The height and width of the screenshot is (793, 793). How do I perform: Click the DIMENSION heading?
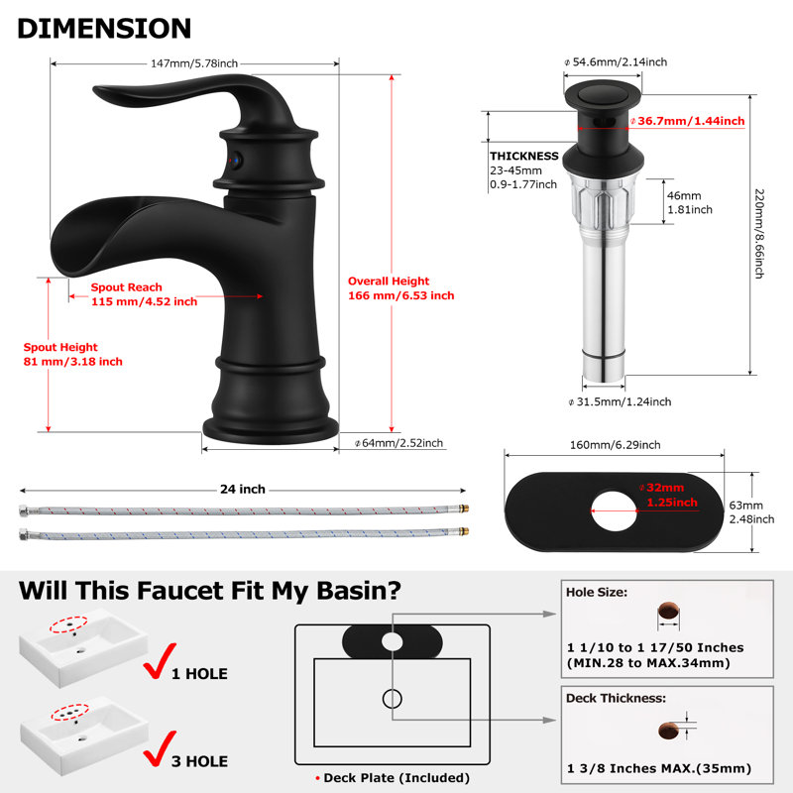(x=104, y=29)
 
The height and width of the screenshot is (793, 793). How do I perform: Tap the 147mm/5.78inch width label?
(x=194, y=63)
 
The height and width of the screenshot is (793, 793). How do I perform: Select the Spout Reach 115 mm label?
(x=144, y=294)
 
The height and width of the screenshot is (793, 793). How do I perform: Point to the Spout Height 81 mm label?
(x=72, y=354)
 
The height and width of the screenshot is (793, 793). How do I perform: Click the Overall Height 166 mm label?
(x=401, y=288)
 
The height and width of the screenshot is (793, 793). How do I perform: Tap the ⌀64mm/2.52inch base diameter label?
(x=399, y=443)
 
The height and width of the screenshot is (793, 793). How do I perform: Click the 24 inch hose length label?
(x=243, y=489)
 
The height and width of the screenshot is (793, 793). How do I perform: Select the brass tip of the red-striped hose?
(x=463, y=509)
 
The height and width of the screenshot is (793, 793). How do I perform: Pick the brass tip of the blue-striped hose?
(x=463, y=531)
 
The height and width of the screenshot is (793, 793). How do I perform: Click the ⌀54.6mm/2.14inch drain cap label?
(x=616, y=61)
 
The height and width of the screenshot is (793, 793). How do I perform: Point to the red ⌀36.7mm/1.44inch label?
(x=687, y=121)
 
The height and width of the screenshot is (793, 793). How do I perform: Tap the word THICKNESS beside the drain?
(x=524, y=156)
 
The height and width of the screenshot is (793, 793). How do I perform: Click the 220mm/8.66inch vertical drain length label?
(x=758, y=233)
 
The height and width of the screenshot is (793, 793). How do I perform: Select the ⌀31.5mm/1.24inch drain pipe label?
(x=621, y=401)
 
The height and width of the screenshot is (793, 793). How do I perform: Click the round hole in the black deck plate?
(x=614, y=510)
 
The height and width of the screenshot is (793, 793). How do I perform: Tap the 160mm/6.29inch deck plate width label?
(x=615, y=445)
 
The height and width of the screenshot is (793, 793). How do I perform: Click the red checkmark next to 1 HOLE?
(x=160, y=660)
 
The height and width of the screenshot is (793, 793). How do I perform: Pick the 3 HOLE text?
(x=200, y=761)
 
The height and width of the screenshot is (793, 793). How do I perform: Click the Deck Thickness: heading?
(x=616, y=698)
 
